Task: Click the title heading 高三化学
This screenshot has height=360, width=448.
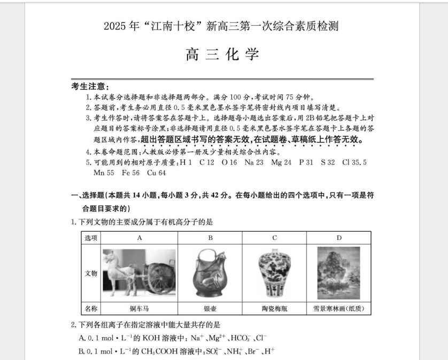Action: pyautogui.click(x=222, y=54)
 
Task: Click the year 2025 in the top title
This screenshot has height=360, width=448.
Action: pyautogui.click(x=116, y=26)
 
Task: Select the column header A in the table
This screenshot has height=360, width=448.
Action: pyautogui.click(x=140, y=238)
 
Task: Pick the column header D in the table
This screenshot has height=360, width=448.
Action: pyautogui.click(x=338, y=238)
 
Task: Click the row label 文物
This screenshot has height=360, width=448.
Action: pyautogui.click(x=91, y=273)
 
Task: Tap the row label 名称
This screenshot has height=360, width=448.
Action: pyautogui.click(x=91, y=309)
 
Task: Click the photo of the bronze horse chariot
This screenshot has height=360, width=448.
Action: pyautogui.click(x=139, y=272)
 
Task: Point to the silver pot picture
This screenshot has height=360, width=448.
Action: pyautogui.click(x=210, y=273)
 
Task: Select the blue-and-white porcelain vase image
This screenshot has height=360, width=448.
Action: pyautogui.click(x=274, y=273)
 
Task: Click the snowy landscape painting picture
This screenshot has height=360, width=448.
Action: pyautogui.click(x=338, y=273)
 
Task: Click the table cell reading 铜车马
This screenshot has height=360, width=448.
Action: pyautogui.click(x=140, y=309)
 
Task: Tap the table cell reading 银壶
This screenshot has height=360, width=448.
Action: pyautogui.click(x=210, y=309)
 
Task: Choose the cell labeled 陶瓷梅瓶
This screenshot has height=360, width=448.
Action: pyautogui.click(x=274, y=309)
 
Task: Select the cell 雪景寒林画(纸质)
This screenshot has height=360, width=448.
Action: pyautogui.click(x=338, y=309)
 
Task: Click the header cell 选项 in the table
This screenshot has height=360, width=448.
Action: pyautogui.click(x=91, y=238)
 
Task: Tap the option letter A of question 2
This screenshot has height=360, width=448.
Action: pyautogui.click(x=82, y=338)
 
